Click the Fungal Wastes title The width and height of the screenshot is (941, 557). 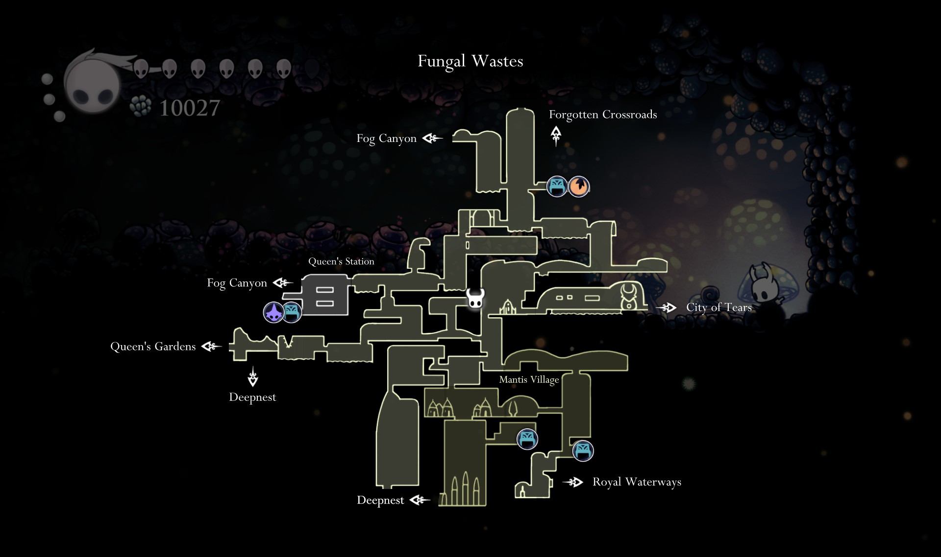pos(470,61)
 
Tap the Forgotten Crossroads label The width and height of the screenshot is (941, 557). pos(602,115)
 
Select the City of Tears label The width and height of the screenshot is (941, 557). pos(718,307)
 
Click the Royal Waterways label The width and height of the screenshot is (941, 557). pos(637,482)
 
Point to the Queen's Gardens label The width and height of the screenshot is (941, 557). pos(153,347)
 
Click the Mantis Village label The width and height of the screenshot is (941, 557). pos(529,380)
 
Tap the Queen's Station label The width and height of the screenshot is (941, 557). pos(341,261)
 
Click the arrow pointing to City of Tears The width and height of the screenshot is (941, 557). pos(667,308)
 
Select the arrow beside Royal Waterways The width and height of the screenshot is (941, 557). pos(573,483)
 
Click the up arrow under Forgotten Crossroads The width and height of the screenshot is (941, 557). pos(556,136)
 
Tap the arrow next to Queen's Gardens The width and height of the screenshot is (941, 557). pos(212,347)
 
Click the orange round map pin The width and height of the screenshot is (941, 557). pos(579,186)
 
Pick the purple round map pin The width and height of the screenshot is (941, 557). pos(273,312)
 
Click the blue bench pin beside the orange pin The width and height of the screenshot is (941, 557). pos(557,186)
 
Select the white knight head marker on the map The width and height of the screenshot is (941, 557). pos(475,298)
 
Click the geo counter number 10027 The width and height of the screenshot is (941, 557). pos(190,108)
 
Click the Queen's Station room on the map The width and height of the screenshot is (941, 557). pos(325,295)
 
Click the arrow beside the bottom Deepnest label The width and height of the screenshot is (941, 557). pos(420,500)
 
